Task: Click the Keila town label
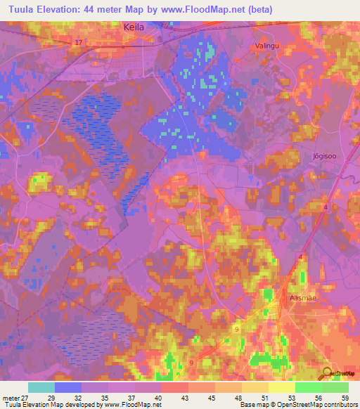pyautogui.click(x=134, y=26)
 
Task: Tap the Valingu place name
pyautogui.click(x=266, y=46)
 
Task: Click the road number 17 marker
pyautogui.click(x=78, y=43)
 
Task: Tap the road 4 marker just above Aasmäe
pyautogui.click(x=301, y=258)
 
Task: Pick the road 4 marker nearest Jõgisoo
pyautogui.click(x=326, y=207)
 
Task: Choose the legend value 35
pyautogui.click(x=108, y=397)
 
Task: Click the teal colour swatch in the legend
pyautogui.click(x=41, y=387)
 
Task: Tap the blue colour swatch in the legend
pyautogui.click(x=68, y=387)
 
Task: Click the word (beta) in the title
pyautogui.click(x=260, y=8)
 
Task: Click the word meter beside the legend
pyautogui.click(x=11, y=397)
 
